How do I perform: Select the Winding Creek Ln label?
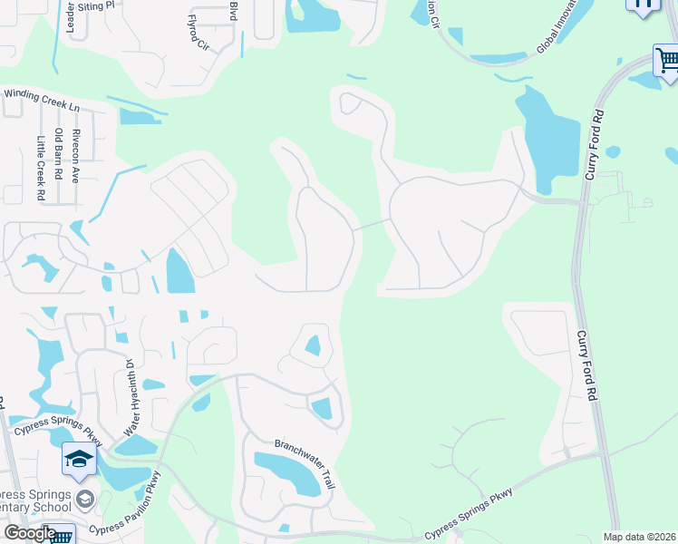42,100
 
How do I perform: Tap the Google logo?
29,533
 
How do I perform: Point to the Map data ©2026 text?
640,537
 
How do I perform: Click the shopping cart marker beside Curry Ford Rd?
666,61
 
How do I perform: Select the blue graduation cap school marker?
79,460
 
